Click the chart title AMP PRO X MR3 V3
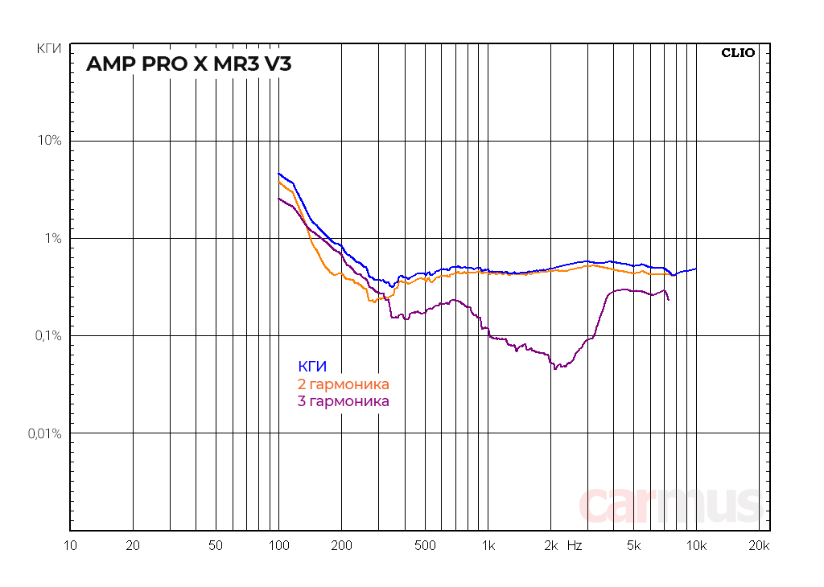[x=188, y=64]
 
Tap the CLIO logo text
[x=738, y=53]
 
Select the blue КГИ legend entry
[x=312, y=367]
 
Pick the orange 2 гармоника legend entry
[x=344, y=384]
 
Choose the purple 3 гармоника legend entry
[x=344, y=400]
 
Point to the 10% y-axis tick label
[x=50, y=141]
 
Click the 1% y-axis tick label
[x=53, y=238]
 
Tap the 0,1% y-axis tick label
[x=48, y=336]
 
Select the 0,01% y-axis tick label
[x=45, y=433]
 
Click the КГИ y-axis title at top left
[x=49, y=49]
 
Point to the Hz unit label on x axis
[x=574, y=545]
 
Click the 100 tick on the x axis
[x=278, y=545]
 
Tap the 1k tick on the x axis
[x=488, y=545]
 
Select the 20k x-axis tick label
[x=759, y=545]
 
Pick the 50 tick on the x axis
[x=216, y=545]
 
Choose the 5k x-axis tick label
[x=633, y=545]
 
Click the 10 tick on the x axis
[x=70, y=545]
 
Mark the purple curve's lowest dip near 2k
[x=554, y=368]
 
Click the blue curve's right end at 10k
[x=696, y=269]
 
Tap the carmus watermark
[x=669, y=504]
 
